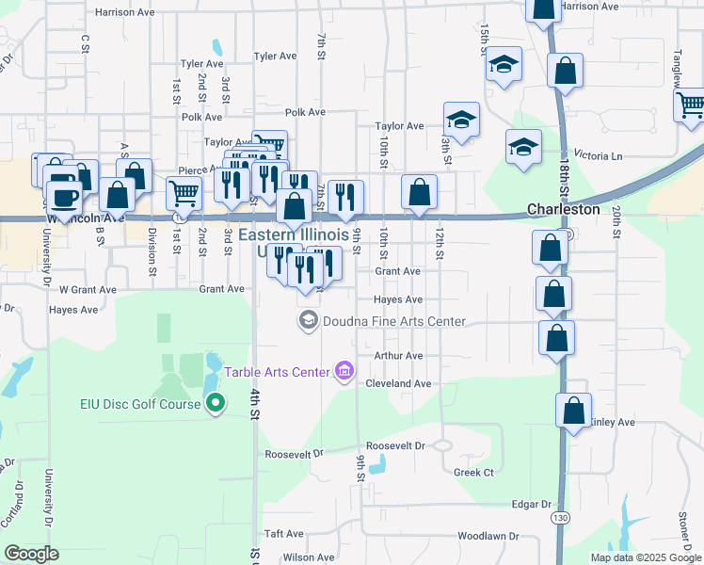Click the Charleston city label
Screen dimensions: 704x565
click(563, 209)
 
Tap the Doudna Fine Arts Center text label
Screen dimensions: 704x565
click(394, 321)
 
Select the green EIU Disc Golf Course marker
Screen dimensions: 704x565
click(215, 404)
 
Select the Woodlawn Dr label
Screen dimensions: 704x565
click(488, 536)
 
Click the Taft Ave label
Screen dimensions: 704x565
click(283, 533)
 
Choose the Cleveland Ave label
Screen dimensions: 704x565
click(398, 384)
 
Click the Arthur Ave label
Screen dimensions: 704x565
click(398, 356)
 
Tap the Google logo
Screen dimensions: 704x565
click(31, 554)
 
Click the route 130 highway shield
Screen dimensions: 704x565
click(561, 518)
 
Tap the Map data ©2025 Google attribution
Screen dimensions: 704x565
click(646, 557)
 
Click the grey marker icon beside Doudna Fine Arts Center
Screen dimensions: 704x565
click(308, 322)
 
